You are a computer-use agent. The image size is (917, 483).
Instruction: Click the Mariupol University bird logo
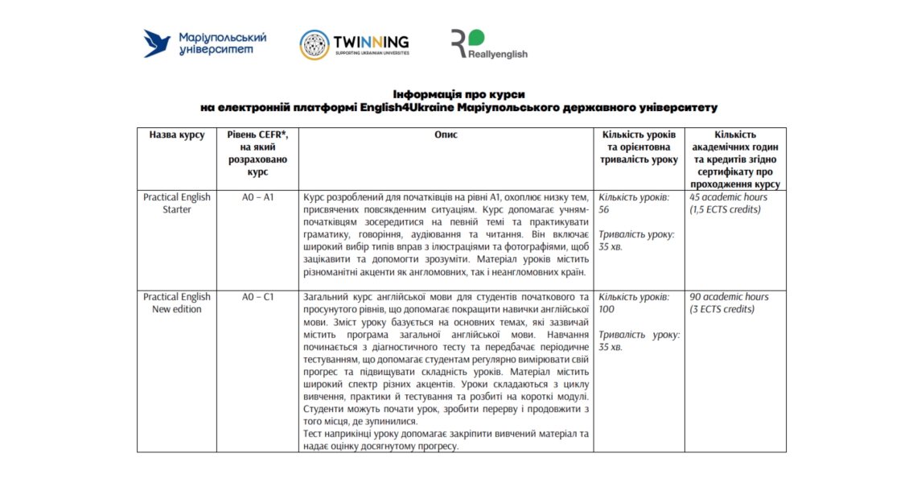coord(158,43)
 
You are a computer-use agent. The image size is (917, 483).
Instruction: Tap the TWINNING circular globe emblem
coord(315,44)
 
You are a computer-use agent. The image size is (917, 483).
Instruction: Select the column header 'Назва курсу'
coord(176,135)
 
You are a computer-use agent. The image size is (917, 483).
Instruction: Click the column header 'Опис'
coord(445,135)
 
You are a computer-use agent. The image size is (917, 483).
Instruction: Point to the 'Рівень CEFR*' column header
coord(257,135)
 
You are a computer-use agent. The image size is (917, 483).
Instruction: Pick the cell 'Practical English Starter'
coord(176,203)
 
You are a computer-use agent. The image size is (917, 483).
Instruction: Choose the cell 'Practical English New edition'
coord(176,303)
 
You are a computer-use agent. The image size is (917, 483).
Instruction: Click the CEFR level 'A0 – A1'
coord(257,197)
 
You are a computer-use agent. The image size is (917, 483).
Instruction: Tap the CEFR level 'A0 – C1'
coord(257,297)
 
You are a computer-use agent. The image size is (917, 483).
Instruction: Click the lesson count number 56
coord(604,209)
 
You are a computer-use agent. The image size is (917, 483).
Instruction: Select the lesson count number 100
coord(607,309)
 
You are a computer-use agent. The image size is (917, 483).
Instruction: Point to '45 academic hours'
coord(728,197)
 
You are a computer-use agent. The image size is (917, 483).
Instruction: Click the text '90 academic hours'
coord(728,297)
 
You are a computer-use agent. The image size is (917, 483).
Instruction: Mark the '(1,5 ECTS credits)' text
coord(725,209)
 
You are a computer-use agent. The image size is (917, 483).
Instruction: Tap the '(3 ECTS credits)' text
coord(722,309)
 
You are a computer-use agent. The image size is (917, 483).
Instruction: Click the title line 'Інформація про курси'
coord(458,94)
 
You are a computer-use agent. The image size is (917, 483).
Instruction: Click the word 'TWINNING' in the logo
coord(371,42)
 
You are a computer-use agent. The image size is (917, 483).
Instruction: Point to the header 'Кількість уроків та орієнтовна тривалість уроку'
coord(639,147)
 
